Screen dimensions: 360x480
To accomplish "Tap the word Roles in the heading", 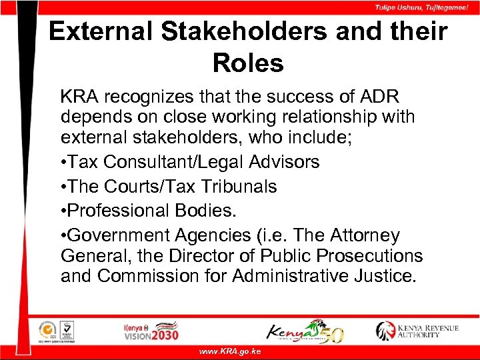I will pos(248,63).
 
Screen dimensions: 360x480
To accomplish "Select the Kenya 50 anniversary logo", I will pos(305,331).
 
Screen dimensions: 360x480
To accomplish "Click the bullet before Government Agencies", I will pos(63,236).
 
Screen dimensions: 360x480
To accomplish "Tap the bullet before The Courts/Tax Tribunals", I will pos(63,187).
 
